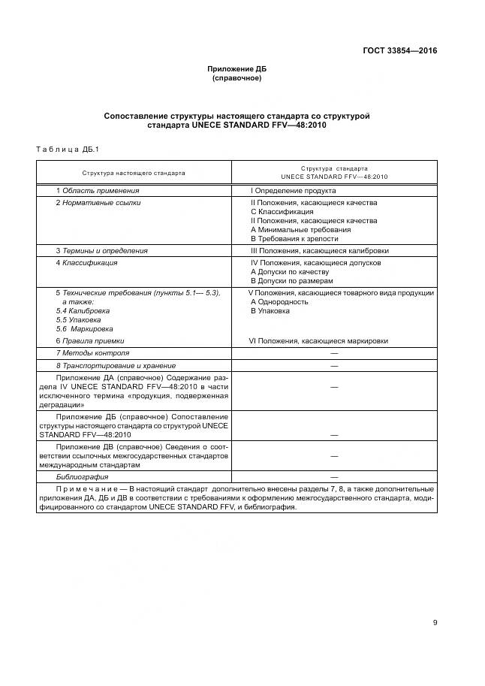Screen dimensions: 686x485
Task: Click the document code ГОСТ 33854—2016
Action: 399,51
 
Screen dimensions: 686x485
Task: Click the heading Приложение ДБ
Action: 236,69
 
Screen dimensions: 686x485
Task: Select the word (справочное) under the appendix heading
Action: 236,78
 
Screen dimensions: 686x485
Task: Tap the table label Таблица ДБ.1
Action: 68,149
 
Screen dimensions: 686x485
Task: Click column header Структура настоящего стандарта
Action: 134,172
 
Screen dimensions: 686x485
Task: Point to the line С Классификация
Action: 282,212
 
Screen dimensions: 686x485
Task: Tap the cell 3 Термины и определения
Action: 101,251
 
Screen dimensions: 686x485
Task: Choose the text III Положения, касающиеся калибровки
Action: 319,251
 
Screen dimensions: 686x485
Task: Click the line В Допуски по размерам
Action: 291,280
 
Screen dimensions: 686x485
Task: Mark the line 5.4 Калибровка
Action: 83,310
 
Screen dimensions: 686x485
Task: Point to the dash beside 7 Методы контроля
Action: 333,353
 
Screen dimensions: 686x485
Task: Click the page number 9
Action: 435,621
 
